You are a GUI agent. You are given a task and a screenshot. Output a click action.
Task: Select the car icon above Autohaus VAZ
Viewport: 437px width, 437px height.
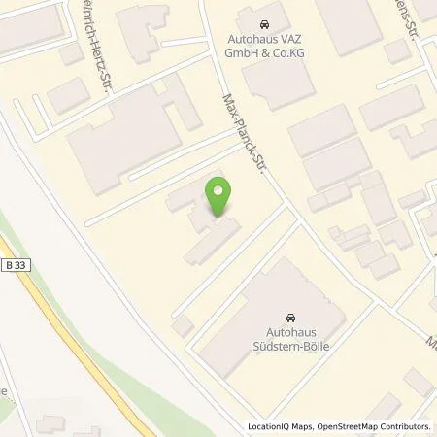(x=266, y=22)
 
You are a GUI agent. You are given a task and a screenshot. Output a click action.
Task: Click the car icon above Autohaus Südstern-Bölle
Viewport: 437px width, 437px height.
(x=289, y=317)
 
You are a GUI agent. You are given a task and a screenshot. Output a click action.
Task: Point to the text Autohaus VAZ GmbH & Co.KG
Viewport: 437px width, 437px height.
(x=266, y=47)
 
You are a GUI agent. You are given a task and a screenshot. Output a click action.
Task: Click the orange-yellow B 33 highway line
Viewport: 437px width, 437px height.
(x=68, y=320)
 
